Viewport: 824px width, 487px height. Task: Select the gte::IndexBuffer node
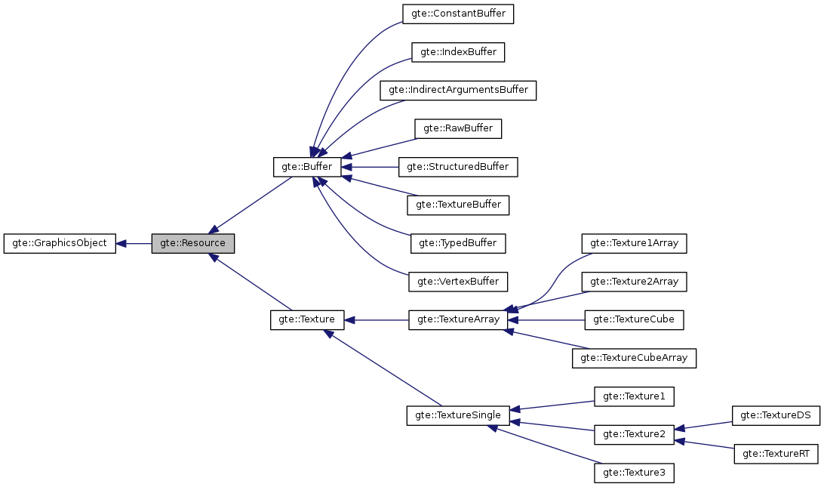(x=458, y=52)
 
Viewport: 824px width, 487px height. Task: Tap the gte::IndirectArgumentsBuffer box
(x=458, y=90)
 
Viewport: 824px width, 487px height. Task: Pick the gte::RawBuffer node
(x=458, y=128)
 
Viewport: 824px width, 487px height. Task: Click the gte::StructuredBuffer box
(x=458, y=166)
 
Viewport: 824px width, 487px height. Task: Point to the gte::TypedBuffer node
(x=458, y=243)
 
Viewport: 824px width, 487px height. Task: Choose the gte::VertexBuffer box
(x=458, y=281)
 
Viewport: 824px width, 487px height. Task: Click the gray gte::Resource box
(x=192, y=243)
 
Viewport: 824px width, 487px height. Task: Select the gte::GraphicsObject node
(x=60, y=243)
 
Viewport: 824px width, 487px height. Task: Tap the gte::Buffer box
(x=307, y=166)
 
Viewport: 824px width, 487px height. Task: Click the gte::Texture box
(x=307, y=319)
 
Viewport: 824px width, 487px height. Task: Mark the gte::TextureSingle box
(x=458, y=415)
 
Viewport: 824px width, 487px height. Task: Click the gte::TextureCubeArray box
(x=634, y=358)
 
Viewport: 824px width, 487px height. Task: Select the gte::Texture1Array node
(x=634, y=243)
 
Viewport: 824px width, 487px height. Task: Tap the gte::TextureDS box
(x=776, y=415)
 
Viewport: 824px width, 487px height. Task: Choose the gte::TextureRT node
(x=776, y=453)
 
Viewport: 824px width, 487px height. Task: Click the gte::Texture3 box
(x=634, y=473)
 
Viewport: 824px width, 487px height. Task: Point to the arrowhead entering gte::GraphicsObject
(x=121, y=243)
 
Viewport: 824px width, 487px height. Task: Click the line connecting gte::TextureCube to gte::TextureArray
(x=551, y=319)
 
